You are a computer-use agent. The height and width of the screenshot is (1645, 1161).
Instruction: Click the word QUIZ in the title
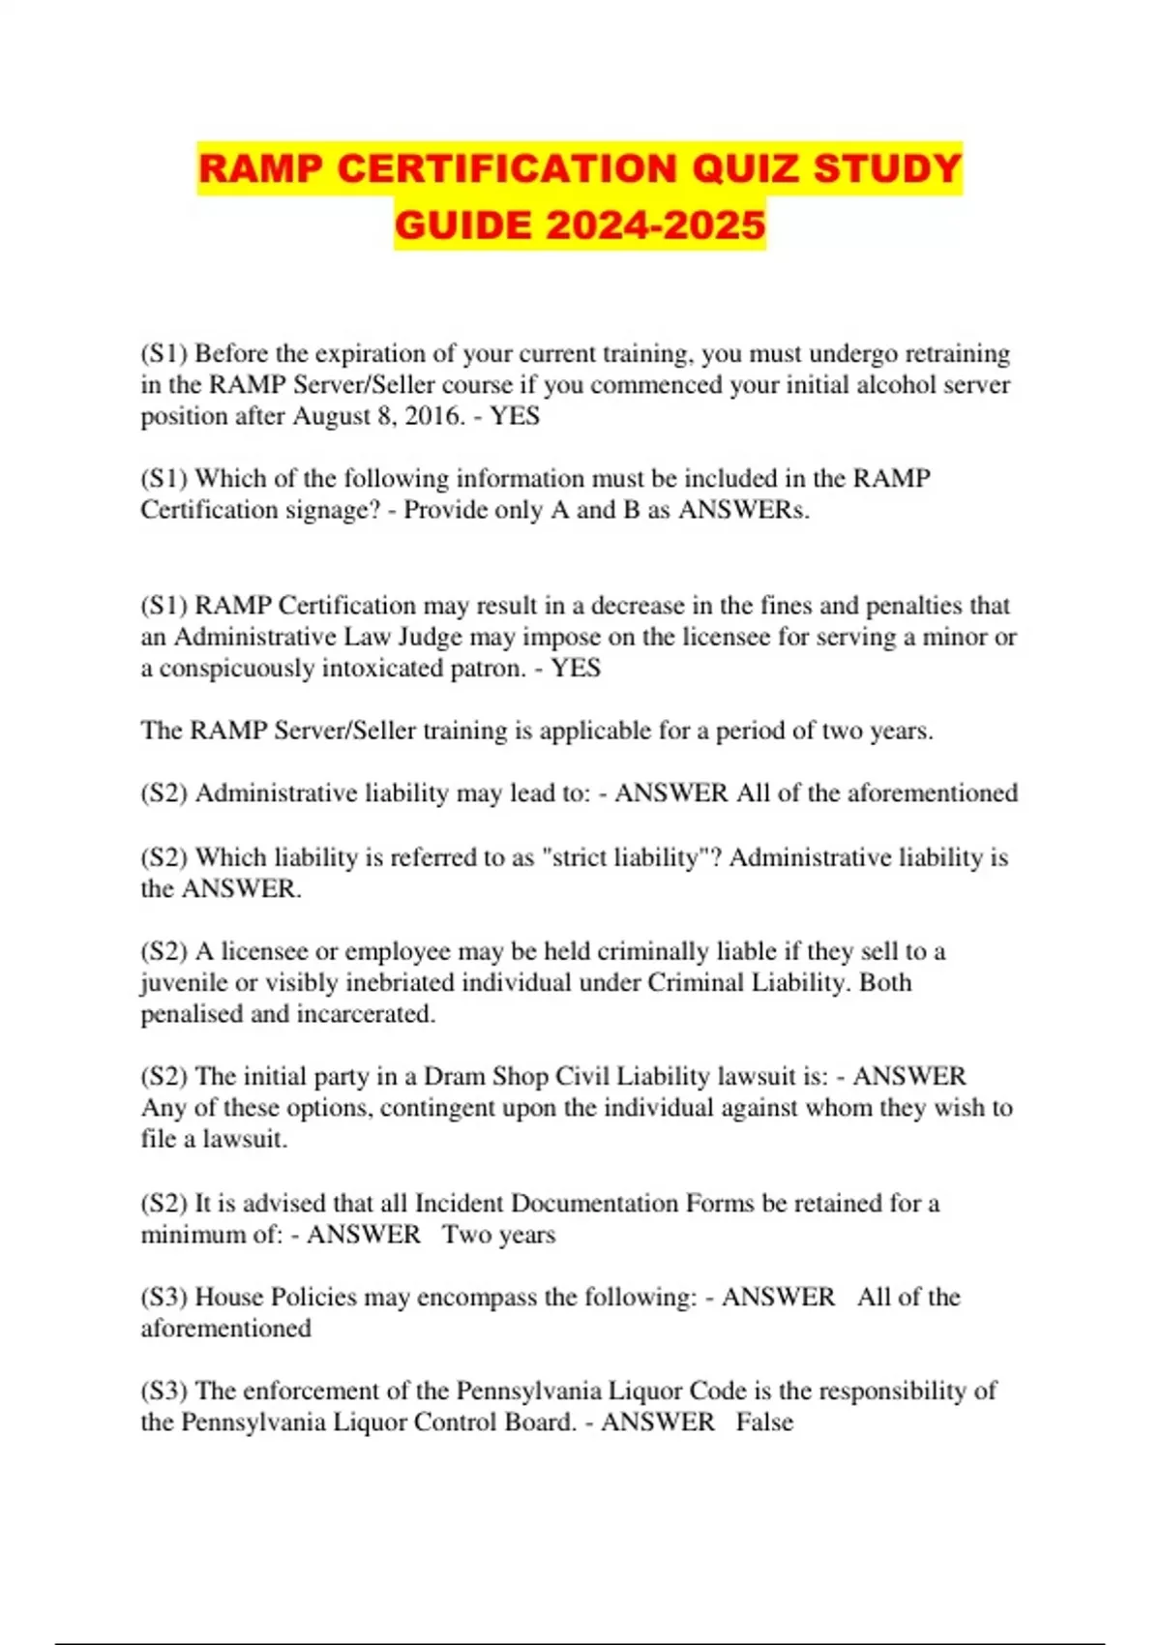click(x=744, y=168)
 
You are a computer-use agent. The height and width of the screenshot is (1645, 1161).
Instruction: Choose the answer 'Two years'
click(x=499, y=1235)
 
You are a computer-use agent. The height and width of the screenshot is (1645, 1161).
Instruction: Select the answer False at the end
click(x=764, y=1422)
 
